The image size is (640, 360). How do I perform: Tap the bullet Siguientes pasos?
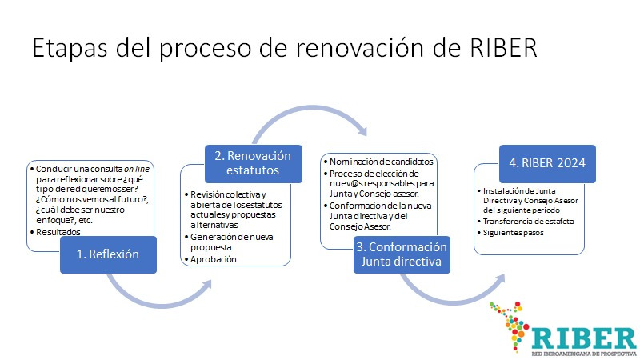coord(516,233)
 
